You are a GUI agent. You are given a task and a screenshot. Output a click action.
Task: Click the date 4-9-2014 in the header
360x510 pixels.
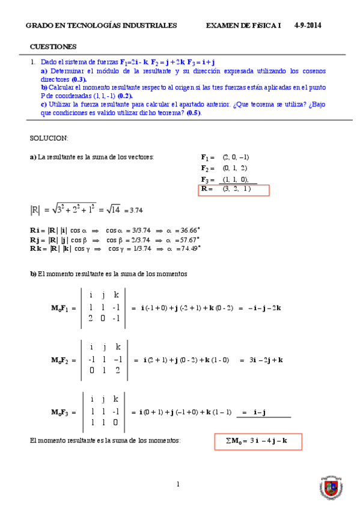308,26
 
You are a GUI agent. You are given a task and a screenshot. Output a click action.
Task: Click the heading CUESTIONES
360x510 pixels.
53,46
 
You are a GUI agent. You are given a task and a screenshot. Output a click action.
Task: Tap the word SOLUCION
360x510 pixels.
49,138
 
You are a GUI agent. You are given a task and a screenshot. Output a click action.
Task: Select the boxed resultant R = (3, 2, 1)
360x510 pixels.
234,190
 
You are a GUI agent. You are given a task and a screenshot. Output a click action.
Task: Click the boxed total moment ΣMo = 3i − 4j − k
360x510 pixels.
258,441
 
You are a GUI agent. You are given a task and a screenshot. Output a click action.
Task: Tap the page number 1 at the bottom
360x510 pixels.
178,484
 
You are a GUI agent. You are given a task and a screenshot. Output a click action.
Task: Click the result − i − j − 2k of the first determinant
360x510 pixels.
260,308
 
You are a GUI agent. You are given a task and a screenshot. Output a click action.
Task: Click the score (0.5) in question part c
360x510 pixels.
194,112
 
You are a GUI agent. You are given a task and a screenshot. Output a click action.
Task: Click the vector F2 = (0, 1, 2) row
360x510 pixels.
225,168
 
